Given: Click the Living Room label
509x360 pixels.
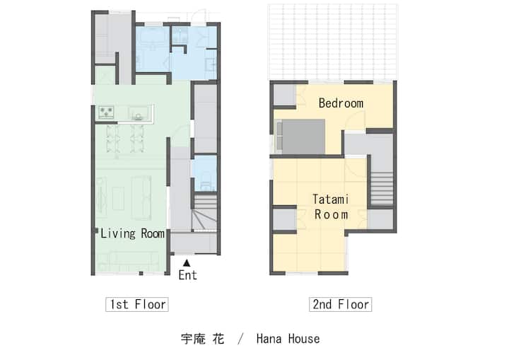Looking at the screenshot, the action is click(x=132, y=233).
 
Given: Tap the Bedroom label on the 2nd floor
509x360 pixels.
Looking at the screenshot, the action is click(x=341, y=103).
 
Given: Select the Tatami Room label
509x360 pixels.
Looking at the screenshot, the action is click(x=331, y=207).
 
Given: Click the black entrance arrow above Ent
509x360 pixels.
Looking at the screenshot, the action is click(x=187, y=263).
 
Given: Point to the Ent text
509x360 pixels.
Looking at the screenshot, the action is click(x=187, y=275).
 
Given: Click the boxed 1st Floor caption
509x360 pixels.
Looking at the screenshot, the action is click(x=137, y=304).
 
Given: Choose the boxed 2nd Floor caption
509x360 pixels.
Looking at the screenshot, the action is click(x=340, y=304).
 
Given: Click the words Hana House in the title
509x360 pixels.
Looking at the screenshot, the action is click(x=288, y=339).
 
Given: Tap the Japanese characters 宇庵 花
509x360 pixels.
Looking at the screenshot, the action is click(x=203, y=339).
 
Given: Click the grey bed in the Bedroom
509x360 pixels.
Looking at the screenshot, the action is click(x=300, y=137).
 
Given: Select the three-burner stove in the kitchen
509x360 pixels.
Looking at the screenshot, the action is click(x=106, y=112).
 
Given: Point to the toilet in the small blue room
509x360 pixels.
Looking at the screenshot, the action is click(x=206, y=182).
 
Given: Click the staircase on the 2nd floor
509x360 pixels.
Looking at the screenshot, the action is click(x=382, y=188).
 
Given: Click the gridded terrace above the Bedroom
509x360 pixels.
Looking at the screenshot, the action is click(x=333, y=42).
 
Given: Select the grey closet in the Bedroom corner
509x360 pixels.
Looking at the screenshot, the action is click(x=285, y=95).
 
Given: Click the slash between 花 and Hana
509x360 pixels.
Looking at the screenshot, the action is click(x=240, y=339).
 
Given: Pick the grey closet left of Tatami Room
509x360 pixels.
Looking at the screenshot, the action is click(x=285, y=219).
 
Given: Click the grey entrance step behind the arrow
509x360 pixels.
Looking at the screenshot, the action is click(x=194, y=243).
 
